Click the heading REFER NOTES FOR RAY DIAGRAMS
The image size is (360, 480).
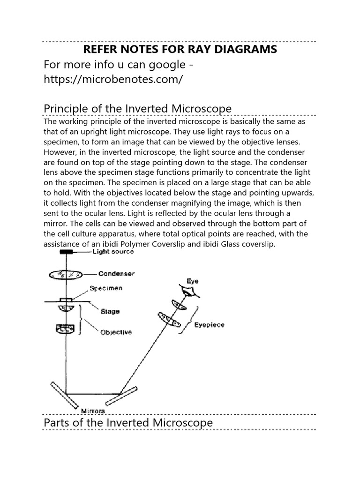pos(180,49)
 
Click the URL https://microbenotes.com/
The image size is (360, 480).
pos(112,79)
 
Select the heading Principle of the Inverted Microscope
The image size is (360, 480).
pos(137,109)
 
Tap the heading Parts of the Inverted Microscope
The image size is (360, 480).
pos(128,422)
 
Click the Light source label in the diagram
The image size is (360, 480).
pos(113,252)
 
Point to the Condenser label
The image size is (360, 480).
pos(116,273)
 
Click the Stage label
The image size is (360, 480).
pos(110,311)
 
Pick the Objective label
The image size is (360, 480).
pos(116,332)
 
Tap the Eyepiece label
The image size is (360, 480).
pos(209,324)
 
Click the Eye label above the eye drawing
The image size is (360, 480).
pos(193,281)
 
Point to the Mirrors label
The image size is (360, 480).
pos(93,411)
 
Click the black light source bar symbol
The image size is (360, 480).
pos(66,252)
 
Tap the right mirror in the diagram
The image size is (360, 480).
pos(121,395)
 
